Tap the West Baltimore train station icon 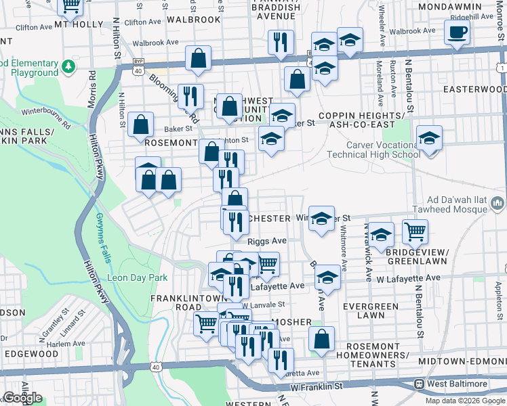click(x=420, y=384)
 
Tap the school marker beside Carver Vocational click(x=429, y=139)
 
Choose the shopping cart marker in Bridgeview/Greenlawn click(x=415, y=232)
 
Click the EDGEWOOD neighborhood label click(x=31, y=354)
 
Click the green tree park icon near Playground click(x=68, y=66)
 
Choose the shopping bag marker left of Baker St click(x=140, y=125)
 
